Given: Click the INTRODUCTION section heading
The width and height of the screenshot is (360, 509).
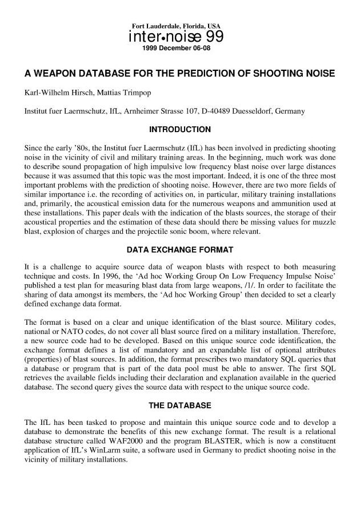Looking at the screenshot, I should (180, 129).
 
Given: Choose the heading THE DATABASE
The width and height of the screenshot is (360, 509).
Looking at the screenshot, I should (180, 405).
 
